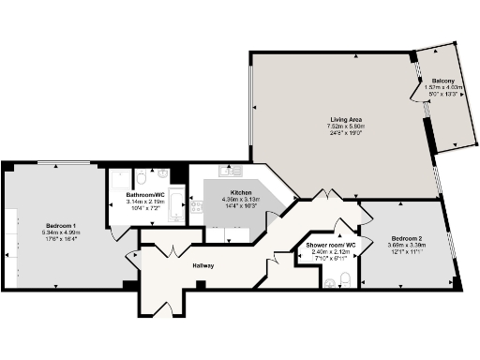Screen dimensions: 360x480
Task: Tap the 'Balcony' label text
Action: click(443, 82)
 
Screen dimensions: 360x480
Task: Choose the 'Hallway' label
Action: click(203, 266)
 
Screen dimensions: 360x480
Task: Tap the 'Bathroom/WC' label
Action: click(145, 194)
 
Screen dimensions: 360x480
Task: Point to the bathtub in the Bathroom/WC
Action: click(176, 202)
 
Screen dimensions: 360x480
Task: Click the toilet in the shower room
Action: click(347, 277)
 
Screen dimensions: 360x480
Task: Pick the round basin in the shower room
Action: click(328, 282)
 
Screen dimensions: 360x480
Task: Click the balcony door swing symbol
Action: click(412, 91)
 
